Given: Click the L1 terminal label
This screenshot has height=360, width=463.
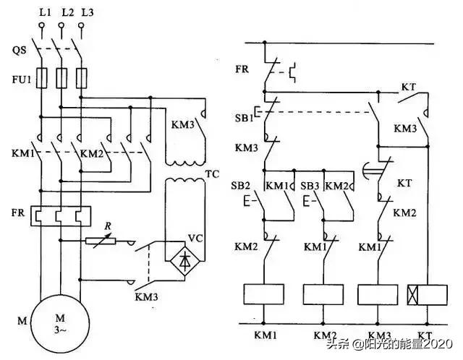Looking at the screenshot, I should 43,14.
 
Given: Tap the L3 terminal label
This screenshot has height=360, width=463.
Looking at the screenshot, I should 88,14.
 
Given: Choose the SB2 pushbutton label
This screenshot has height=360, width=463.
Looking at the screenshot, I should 245,185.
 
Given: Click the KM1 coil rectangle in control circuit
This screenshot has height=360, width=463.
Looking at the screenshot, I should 263,294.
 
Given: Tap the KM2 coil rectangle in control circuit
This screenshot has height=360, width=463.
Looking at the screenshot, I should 323,294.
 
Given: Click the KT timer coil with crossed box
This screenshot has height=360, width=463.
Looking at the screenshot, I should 425,294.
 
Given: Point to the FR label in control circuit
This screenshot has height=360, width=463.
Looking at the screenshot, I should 242,70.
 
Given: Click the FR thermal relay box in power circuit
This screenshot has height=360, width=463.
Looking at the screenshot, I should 61,216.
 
